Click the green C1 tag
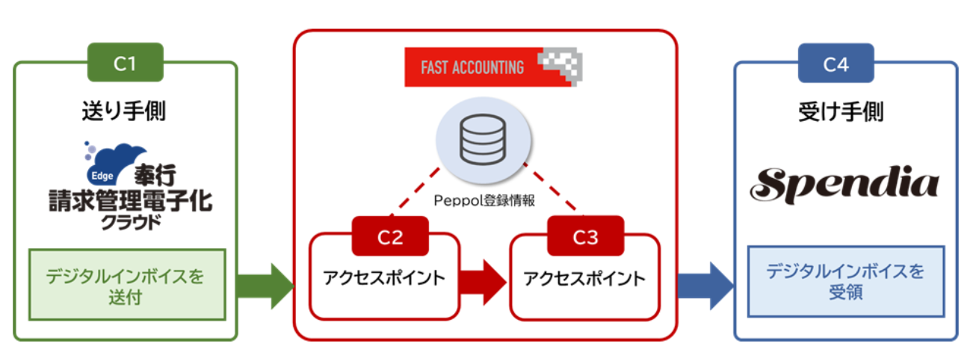coord(125,64)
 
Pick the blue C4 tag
coord(835,64)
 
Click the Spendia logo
coord(845,183)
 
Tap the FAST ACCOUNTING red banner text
coord(472,68)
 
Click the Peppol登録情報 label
coord(484,201)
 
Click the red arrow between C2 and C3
coord(484,281)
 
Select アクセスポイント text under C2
coord(384,279)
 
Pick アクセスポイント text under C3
coord(584,279)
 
